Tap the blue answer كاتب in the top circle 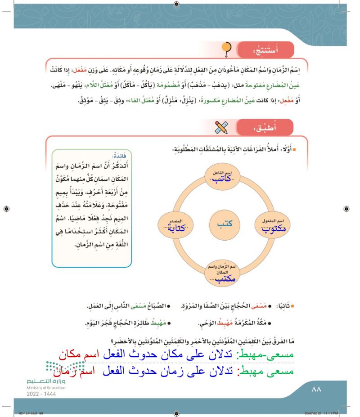[x=224, y=179]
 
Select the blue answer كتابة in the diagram [x=171, y=228]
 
